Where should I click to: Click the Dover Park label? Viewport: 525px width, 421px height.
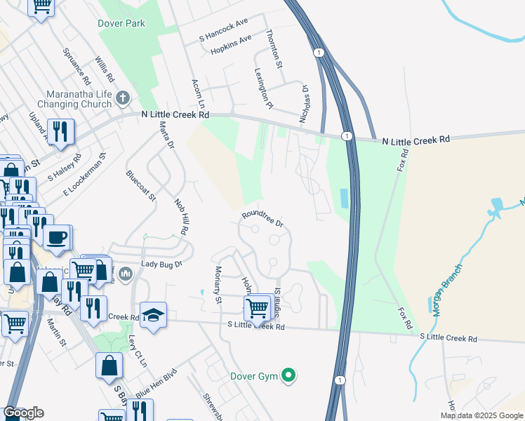[x=121, y=23]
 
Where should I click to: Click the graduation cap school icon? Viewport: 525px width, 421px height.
[x=152, y=315]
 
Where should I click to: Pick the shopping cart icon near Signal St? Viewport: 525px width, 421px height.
[x=258, y=307]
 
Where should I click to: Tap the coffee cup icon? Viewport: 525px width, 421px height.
[x=57, y=236]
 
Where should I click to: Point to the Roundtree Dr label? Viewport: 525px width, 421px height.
[x=262, y=220]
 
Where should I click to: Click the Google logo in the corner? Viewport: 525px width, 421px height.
[x=23, y=413]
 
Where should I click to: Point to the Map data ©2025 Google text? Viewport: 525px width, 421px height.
[x=481, y=415]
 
